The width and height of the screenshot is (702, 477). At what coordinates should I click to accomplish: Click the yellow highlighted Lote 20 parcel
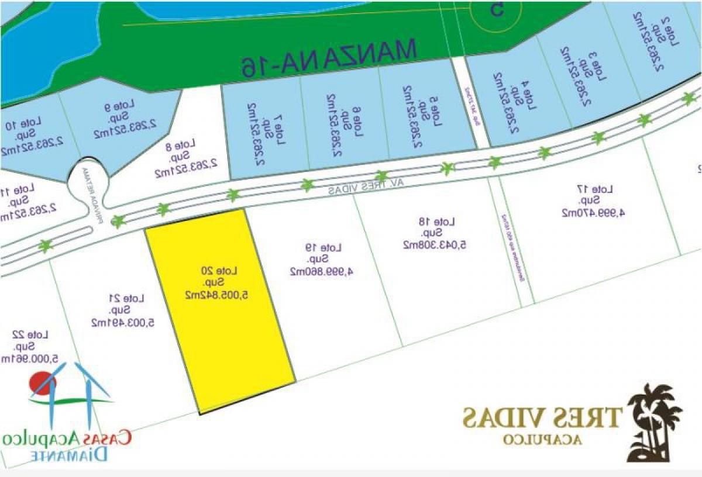[x=219, y=310]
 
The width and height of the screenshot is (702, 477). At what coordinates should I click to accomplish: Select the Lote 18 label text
[x=444, y=222]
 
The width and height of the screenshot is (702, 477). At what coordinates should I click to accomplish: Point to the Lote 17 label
[x=602, y=190]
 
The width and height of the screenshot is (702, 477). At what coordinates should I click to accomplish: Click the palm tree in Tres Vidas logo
[x=655, y=421]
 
